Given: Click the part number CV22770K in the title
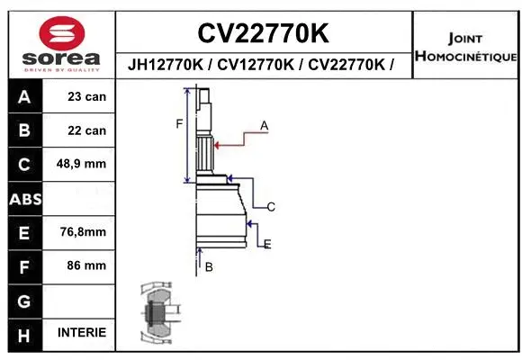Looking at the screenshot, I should (x=263, y=33).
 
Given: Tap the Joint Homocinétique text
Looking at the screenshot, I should (x=465, y=48).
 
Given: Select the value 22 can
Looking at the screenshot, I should (x=86, y=130).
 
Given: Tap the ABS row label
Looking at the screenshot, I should (x=24, y=198).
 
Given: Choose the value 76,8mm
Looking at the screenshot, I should (x=83, y=232).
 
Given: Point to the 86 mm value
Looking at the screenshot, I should (x=86, y=265).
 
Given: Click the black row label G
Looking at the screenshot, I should (x=24, y=300).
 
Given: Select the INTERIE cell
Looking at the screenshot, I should (x=81, y=333).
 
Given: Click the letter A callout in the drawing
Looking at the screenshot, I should (x=265, y=126).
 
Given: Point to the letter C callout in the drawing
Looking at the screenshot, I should (x=270, y=207).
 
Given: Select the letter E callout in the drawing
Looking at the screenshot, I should (x=267, y=243).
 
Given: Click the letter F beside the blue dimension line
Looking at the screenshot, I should (x=178, y=123).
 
